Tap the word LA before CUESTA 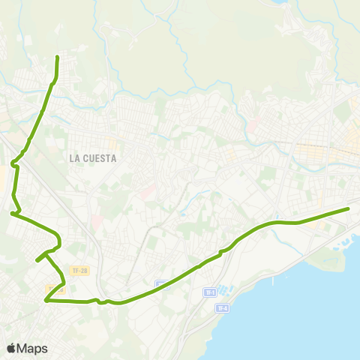click(x=74, y=158)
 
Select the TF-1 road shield click(x=210, y=292)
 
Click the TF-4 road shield click(x=221, y=308)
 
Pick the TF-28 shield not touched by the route click(x=79, y=270)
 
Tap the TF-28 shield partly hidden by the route click(x=55, y=288)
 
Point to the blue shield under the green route click(x=162, y=284)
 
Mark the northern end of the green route click(x=58, y=57)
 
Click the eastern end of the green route click(x=349, y=208)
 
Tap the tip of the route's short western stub click(x=37, y=261)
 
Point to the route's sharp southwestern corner click(x=46, y=301)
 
